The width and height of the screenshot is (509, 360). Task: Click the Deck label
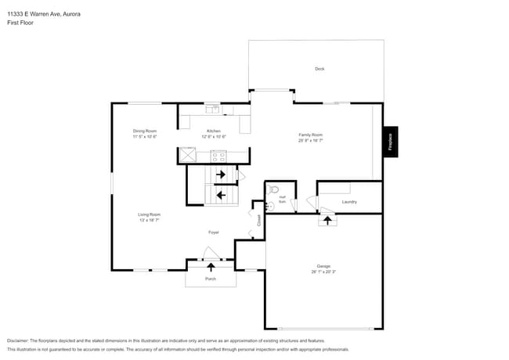319,69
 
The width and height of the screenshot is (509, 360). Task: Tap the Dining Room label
145,131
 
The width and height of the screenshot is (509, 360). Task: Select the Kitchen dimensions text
214,137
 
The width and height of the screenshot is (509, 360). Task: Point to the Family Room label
311,135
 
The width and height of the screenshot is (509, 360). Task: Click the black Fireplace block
390,143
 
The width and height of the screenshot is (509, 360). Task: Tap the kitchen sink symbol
213,108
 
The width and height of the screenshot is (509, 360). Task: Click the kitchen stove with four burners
217,155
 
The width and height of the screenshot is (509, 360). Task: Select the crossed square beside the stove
187,155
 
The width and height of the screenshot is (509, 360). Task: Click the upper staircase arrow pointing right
221,175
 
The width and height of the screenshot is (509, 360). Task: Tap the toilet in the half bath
273,189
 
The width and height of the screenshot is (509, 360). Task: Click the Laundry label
349,202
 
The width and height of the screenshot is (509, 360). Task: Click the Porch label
211,279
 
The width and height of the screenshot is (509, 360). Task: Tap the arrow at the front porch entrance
211,267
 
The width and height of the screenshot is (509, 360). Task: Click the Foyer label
213,232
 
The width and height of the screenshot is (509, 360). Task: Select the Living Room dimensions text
150,221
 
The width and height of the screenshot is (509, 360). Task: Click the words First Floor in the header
20,23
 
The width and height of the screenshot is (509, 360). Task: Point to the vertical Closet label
259,221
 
